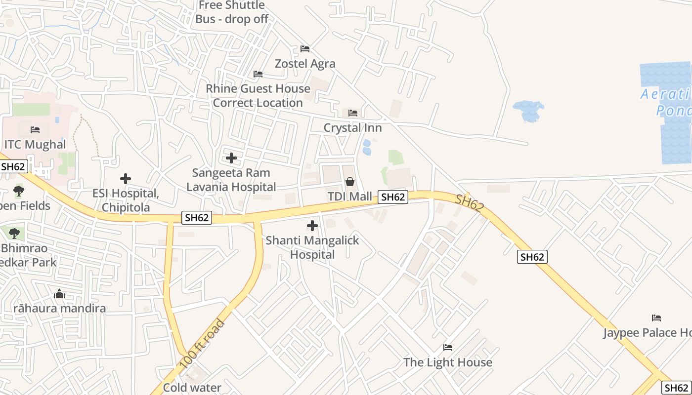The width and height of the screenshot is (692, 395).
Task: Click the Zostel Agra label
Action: tap(305, 64)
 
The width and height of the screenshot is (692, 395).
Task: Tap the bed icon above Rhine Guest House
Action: tap(258, 74)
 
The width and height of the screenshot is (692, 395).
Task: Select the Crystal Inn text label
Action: tap(352, 128)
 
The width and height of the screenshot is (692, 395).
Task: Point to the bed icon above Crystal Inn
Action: tap(353, 113)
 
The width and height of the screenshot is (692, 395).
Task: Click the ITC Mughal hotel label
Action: tap(35, 145)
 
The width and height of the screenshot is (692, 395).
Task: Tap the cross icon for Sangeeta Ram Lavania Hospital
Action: tap(231, 158)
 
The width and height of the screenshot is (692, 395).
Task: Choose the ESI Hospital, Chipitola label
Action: tap(126, 200)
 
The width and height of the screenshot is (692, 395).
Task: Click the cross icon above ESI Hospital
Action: tap(126, 179)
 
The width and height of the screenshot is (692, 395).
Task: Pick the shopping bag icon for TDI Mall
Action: tap(350, 182)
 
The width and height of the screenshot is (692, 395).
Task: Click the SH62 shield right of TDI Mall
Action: tap(393, 197)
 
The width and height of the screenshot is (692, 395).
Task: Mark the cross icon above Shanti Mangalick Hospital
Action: tap(312, 226)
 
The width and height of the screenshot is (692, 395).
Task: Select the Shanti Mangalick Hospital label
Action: tap(312, 247)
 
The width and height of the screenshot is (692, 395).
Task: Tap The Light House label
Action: tap(448, 362)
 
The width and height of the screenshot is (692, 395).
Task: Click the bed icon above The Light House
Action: tap(448, 348)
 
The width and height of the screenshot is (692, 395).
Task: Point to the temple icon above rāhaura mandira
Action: tap(59, 294)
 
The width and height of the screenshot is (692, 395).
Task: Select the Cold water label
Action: tap(192, 388)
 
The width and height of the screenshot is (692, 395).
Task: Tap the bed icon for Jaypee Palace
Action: tap(656, 317)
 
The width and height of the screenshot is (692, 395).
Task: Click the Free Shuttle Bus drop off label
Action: tap(232, 12)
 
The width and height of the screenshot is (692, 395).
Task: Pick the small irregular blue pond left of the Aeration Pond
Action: tap(529, 110)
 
